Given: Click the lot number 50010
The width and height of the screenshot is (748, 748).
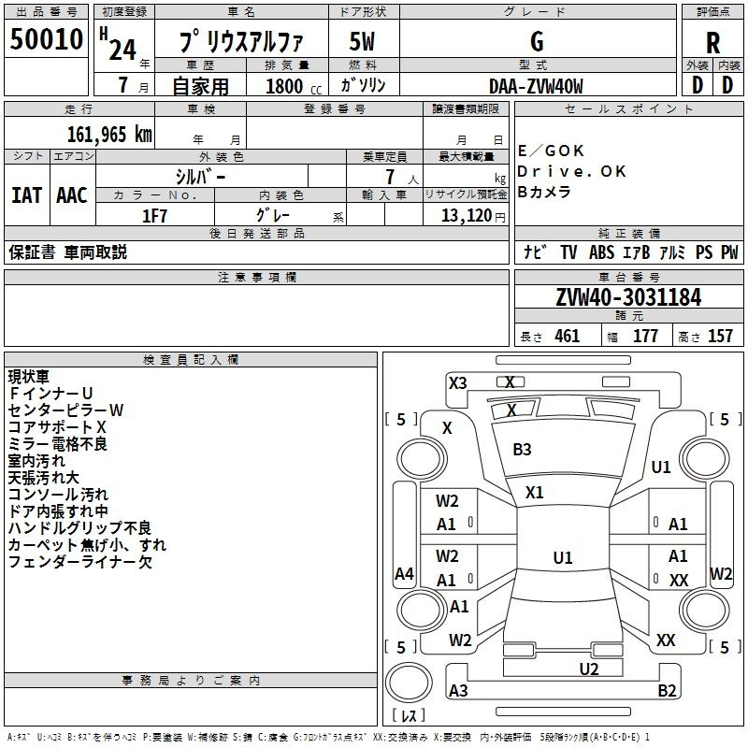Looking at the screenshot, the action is pyautogui.click(x=46, y=39).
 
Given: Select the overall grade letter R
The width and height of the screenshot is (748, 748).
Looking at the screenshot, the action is pyautogui.click(x=712, y=43).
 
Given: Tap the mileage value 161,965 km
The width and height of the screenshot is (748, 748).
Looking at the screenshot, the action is pyautogui.click(x=109, y=134).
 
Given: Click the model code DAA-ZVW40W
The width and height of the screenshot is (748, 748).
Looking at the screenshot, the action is pyautogui.click(x=536, y=86).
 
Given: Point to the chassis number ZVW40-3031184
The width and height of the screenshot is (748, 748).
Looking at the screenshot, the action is pyautogui.click(x=628, y=297).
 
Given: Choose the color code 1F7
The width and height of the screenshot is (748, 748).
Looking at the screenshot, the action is pyautogui.click(x=154, y=216).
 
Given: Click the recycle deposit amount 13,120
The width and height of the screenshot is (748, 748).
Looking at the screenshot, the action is pyautogui.click(x=467, y=215).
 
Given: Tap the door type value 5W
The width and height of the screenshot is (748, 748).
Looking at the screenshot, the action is pyautogui.click(x=362, y=41).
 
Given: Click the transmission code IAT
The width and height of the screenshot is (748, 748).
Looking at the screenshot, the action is pyautogui.click(x=27, y=195).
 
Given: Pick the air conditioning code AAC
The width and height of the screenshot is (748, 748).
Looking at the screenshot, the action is pyautogui.click(x=72, y=195).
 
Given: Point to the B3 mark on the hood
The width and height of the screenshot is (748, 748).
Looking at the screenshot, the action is pyautogui.click(x=522, y=450).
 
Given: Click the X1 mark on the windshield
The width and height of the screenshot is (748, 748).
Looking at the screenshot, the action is pyautogui.click(x=534, y=493).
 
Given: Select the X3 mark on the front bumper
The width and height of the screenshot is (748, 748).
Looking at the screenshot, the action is pyautogui.click(x=458, y=383).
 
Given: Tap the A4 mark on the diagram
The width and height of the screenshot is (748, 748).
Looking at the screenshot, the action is pyautogui.click(x=404, y=573).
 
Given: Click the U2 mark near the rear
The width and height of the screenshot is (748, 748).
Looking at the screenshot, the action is pyautogui.click(x=589, y=669).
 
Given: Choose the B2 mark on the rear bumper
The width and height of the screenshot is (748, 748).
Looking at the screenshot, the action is pyautogui.click(x=667, y=690).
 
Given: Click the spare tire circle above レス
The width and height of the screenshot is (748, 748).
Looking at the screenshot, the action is pyautogui.click(x=409, y=683).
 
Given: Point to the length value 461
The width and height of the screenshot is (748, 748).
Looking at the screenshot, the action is pyautogui.click(x=568, y=336).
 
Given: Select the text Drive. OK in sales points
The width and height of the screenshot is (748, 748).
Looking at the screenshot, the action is pyautogui.click(x=571, y=171).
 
